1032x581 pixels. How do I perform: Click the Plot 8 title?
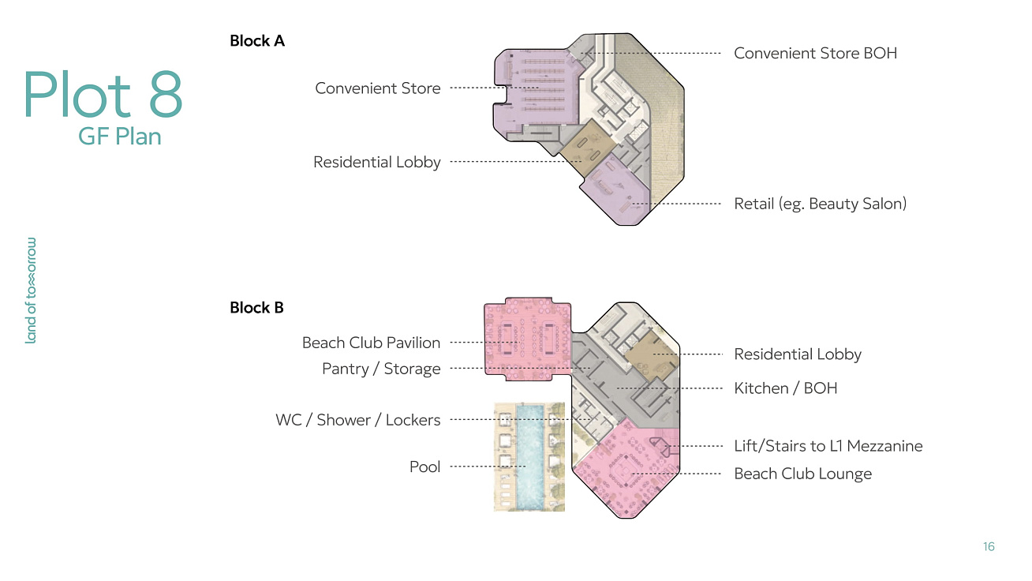click(x=103, y=94)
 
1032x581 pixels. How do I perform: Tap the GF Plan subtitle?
click(x=120, y=137)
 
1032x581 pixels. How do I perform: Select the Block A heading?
click(x=257, y=41)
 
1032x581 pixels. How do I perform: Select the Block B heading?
click(x=256, y=308)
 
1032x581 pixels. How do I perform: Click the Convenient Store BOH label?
click(x=816, y=53)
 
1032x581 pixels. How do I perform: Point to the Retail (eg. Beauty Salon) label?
click(x=820, y=204)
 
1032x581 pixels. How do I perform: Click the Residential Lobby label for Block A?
click(x=377, y=163)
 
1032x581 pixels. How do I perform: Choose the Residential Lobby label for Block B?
click(x=798, y=354)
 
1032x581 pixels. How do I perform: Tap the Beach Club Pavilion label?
click(x=372, y=343)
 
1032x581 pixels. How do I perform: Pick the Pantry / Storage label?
click(x=381, y=369)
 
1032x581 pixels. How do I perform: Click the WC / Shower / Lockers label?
click(x=358, y=420)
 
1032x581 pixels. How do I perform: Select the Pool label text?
click(x=424, y=467)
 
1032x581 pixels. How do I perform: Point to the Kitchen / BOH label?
click(x=786, y=388)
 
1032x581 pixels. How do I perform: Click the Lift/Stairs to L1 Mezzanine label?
click(x=828, y=446)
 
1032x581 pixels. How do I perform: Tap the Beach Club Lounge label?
click(x=802, y=474)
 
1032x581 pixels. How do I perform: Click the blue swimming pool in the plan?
click(x=530, y=457)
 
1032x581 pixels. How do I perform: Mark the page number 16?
click(x=989, y=546)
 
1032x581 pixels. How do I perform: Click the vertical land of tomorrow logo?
click(x=31, y=290)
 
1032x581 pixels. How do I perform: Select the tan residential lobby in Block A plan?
click(x=588, y=147)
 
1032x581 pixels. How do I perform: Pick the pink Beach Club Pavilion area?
click(x=528, y=339)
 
